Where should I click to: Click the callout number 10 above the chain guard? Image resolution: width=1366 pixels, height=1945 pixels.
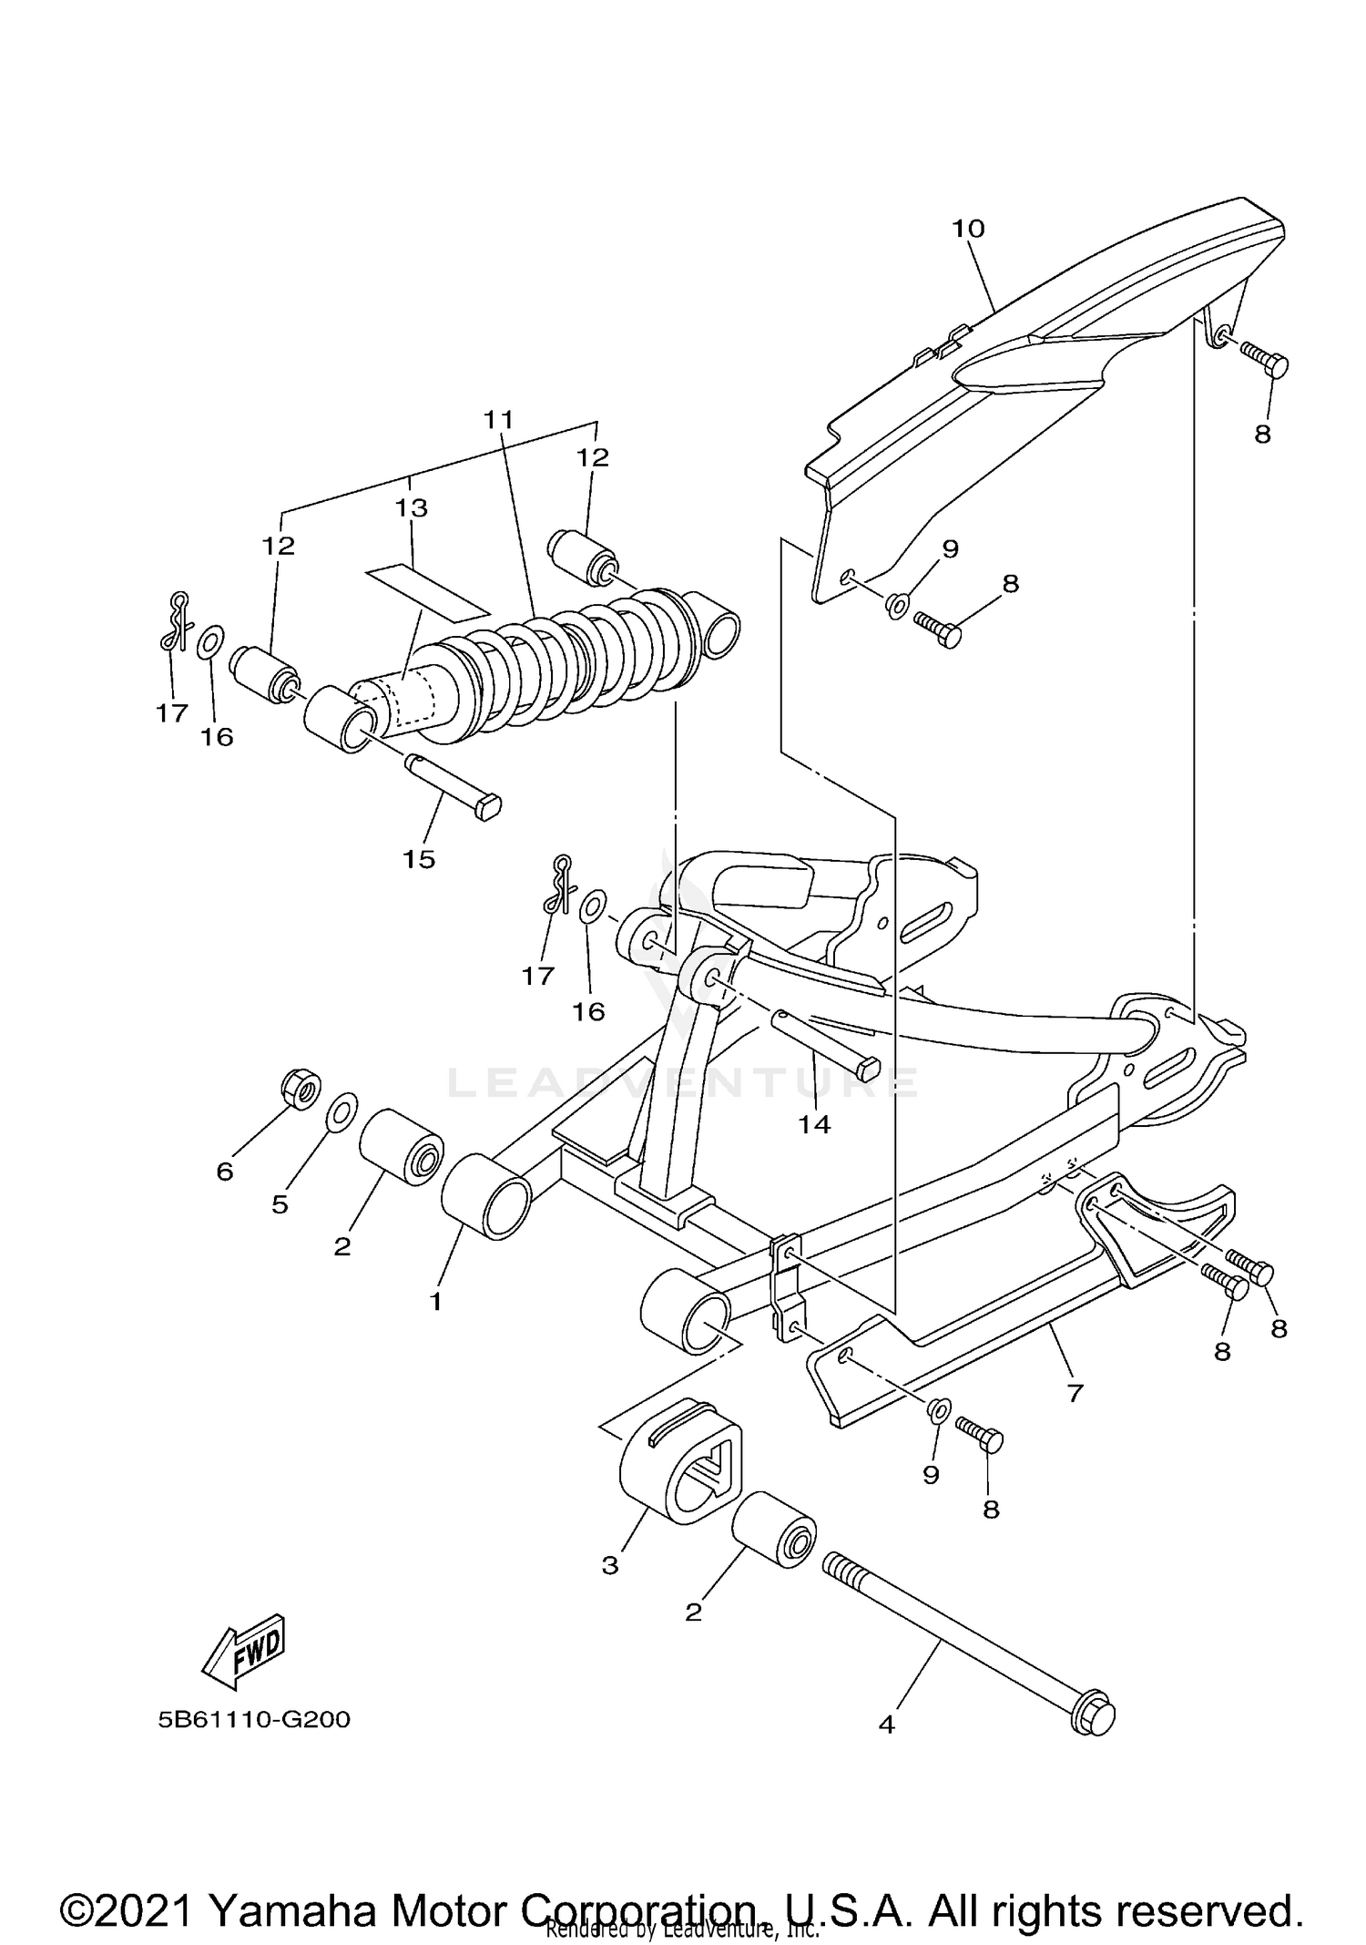[968, 229]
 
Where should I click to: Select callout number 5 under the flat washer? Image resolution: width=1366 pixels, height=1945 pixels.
[280, 1204]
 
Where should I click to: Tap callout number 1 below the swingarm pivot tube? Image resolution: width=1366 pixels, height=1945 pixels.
[435, 1301]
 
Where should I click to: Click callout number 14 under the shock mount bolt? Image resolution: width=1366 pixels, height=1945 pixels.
[814, 1125]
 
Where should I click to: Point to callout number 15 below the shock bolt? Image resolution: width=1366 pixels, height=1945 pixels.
[419, 859]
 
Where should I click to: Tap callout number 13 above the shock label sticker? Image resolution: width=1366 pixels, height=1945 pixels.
[412, 508]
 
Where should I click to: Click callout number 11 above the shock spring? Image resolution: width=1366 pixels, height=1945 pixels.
[498, 420]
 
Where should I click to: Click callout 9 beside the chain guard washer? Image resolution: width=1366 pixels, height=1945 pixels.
[950, 549]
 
